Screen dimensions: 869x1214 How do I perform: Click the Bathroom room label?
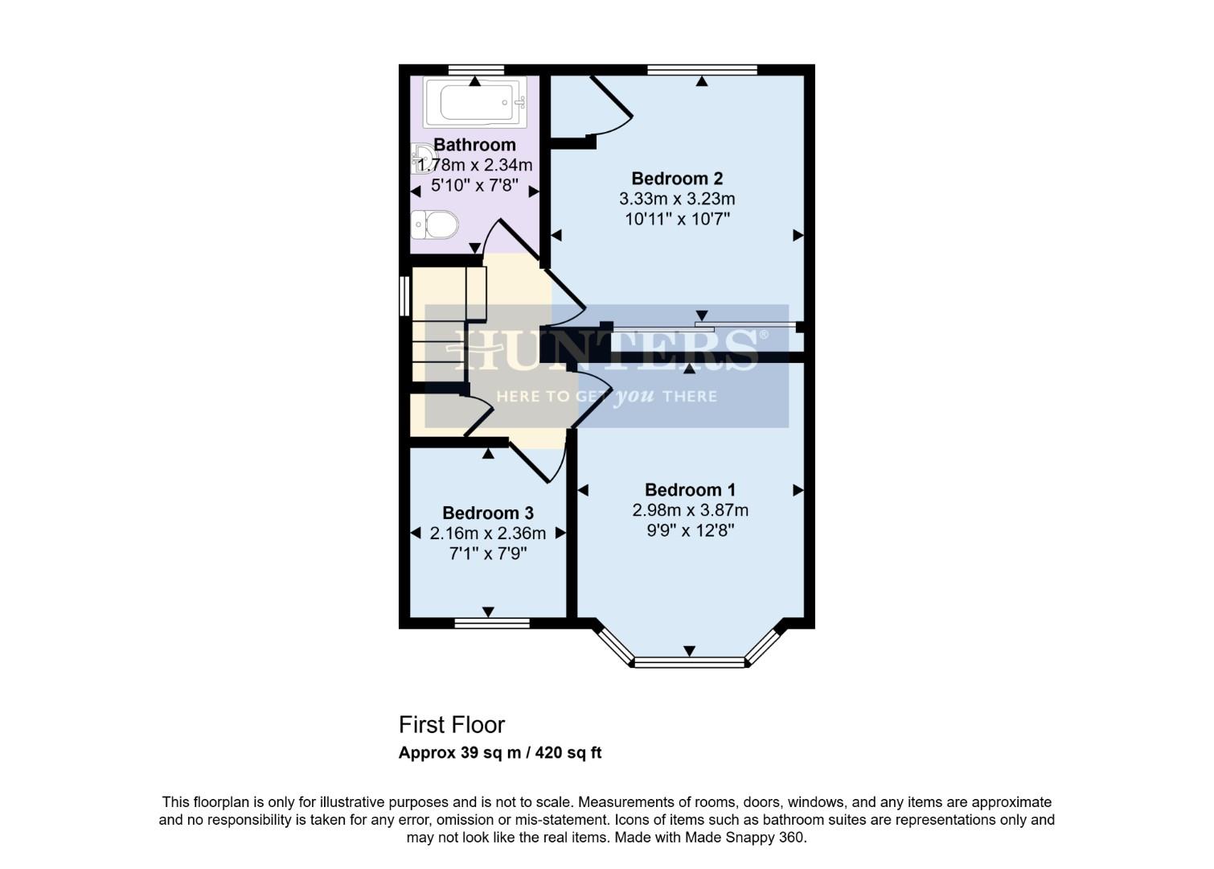[x=474, y=145]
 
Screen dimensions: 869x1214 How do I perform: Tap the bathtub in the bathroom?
[x=475, y=102]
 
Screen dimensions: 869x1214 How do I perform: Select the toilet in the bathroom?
[x=435, y=224]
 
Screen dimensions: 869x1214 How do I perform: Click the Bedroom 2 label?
[x=677, y=179]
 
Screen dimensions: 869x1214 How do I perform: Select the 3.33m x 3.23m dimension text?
[x=677, y=199]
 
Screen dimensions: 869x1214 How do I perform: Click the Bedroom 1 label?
[x=690, y=490]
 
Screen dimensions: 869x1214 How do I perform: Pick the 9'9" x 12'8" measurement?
[x=690, y=530]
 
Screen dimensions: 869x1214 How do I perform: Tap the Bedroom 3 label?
[x=488, y=513]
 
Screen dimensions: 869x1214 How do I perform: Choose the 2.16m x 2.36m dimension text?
[x=488, y=533]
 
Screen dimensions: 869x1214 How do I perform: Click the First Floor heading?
[x=452, y=725]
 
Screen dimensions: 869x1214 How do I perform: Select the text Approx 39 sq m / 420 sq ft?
[x=500, y=754]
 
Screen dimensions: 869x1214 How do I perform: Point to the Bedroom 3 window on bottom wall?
[x=492, y=623]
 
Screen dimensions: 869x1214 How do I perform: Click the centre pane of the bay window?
[x=690, y=663]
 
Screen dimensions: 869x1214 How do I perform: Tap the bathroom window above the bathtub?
[x=476, y=70]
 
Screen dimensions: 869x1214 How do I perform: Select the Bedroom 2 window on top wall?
[x=702, y=70]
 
